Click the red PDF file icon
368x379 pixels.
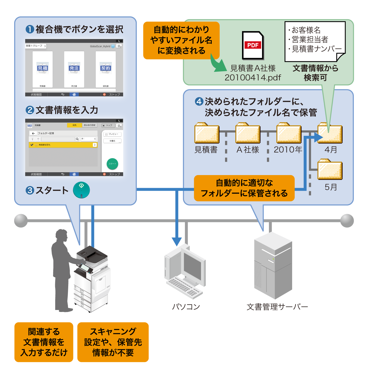click(x=253, y=45)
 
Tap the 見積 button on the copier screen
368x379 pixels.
click(x=42, y=69)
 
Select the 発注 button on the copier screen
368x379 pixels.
click(x=74, y=69)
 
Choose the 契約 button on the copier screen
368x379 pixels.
click(x=106, y=69)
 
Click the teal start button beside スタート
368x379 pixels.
click(x=81, y=190)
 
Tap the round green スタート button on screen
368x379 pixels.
click(x=112, y=164)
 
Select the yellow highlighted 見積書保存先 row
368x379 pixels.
click(x=63, y=145)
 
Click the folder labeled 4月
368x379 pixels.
click(x=330, y=133)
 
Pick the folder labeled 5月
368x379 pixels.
click(x=330, y=169)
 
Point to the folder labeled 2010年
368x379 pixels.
click(x=289, y=133)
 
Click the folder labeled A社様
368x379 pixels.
click(x=248, y=133)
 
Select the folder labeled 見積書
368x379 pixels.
click(x=207, y=133)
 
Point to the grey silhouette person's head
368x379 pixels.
click(x=62, y=236)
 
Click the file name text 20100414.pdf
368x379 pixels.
click(x=253, y=77)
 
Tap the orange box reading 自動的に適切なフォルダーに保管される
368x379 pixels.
click(x=244, y=188)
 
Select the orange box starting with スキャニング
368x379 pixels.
click(x=113, y=342)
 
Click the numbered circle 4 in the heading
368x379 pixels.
click(x=199, y=102)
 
